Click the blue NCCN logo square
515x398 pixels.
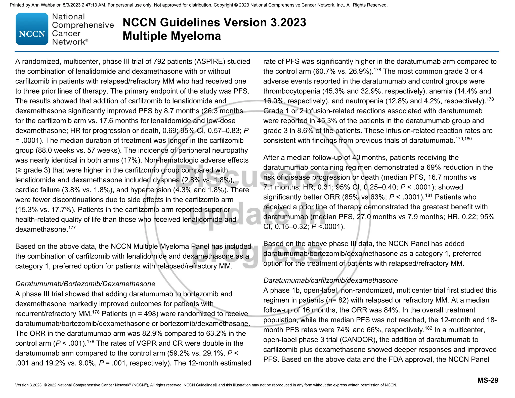pos(32,29)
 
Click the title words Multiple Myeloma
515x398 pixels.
pos(172,36)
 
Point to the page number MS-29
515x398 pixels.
pos(488,380)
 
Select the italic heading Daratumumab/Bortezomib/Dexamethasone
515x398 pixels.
pos(85,284)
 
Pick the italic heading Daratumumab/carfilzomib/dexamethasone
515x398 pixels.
pos(330,280)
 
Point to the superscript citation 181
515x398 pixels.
pos(428,195)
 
